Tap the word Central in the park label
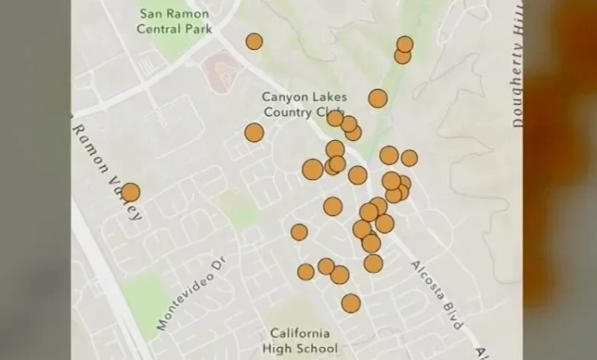click(158, 29)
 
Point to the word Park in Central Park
click(197, 29)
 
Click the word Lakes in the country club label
click(328, 97)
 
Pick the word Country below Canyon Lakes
click(286, 113)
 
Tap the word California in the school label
click(299, 334)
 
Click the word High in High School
click(285, 349)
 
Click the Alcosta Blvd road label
click(436, 294)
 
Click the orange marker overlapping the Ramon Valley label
click(130, 192)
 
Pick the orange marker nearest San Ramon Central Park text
click(254, 41)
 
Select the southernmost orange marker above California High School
click(351, 303)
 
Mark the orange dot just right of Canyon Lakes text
click(377, 98)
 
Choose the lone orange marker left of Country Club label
click(254, 133)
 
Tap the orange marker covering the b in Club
click(335, 117)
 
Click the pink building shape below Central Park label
click(222, 71)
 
